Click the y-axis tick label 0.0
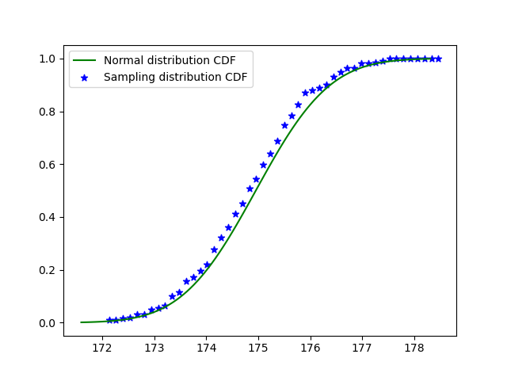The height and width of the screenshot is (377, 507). click(x=49, y=323)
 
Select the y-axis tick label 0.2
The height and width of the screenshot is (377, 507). click(x=49, y=270)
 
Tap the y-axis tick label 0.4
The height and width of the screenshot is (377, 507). click(x=49, y=217)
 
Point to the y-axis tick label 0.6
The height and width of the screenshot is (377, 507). click(x=49, y=165)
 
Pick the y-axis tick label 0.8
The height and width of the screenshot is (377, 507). click(x=49, y=112)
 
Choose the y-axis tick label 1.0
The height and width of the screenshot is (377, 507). click(x=49, y=59)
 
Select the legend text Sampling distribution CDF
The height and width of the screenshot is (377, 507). click(x=175, y=77)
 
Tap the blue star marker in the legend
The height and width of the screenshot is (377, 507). click(x=85, y=78)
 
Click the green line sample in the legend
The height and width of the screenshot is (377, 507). click(x=85, y=61)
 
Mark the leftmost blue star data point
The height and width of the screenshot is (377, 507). click(x=109, y=320)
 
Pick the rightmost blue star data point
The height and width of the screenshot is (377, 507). click(x=438, y=59)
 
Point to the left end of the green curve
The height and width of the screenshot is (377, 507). click(x=82, y=322)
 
